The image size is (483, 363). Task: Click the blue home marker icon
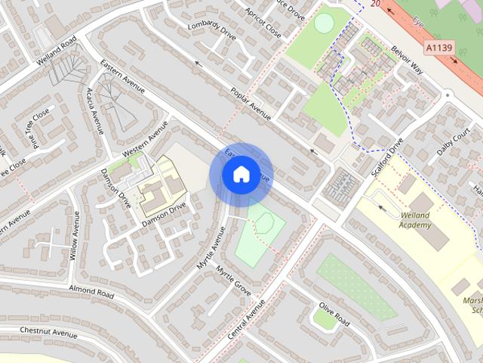coord(241,175)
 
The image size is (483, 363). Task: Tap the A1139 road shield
coord(438,48)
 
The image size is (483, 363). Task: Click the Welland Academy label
coord(415,220)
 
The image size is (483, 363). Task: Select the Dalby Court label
coord(453,140)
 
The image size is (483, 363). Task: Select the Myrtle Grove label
coord(233,280)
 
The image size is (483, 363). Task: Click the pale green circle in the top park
coord(323,23)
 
